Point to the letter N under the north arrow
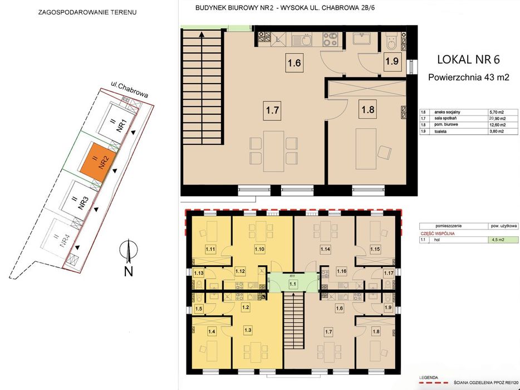point(128,271)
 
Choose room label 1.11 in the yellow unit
point(210,248)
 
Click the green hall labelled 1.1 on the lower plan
point(293,284)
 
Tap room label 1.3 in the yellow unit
point(248,330)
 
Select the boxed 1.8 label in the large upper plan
point(368,110)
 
